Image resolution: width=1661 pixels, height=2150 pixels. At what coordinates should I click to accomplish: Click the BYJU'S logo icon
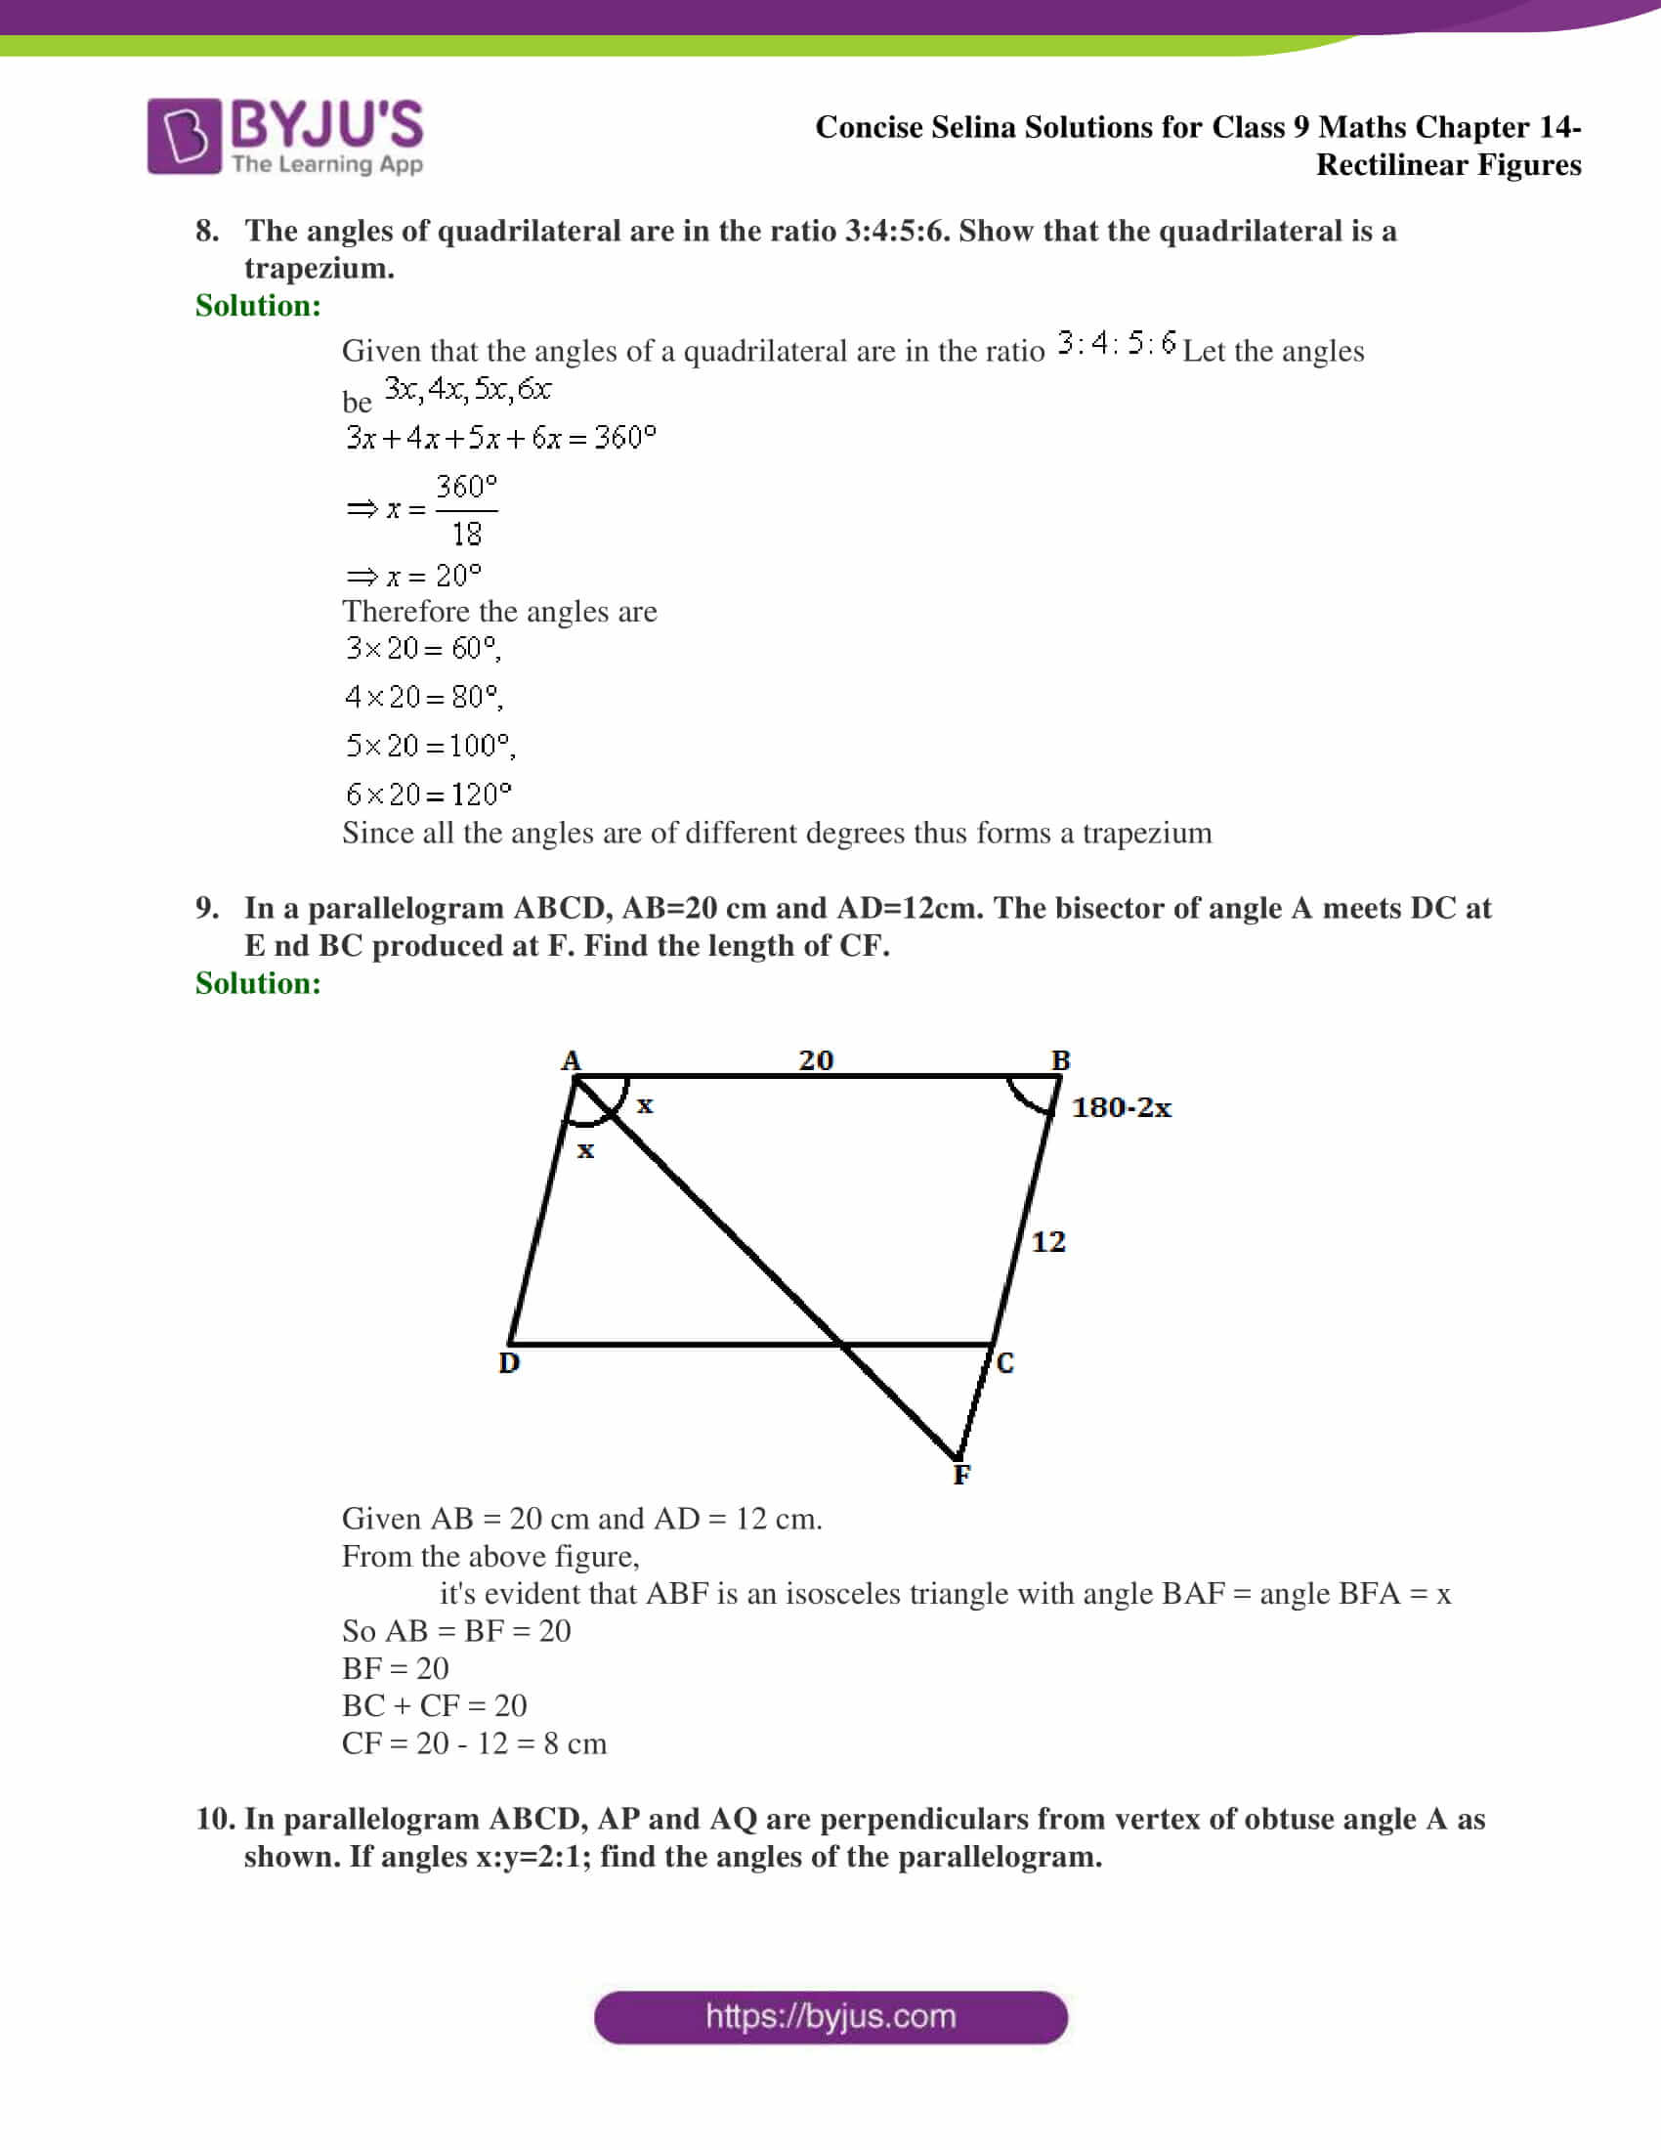[184, 136]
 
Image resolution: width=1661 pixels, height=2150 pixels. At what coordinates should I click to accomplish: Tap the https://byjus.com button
[830, 2017]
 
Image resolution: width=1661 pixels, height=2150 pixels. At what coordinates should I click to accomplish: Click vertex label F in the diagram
[961, 1474]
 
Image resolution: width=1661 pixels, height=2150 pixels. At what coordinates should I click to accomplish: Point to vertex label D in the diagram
[509, 1362]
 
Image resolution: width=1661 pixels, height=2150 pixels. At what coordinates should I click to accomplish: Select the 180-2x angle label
[1121, 1107]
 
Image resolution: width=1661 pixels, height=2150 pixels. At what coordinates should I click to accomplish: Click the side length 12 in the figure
[1048, 1241]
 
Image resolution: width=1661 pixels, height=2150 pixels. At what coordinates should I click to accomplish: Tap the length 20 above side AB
[816, 1059]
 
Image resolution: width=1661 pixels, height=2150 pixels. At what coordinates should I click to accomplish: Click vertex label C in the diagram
[1004, 1362]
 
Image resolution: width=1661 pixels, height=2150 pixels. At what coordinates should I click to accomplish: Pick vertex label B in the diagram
[1060, 1059]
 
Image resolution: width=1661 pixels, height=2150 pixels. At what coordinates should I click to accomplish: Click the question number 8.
[206, 231]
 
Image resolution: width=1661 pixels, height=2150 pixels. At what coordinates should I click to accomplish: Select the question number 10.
[215, 1819]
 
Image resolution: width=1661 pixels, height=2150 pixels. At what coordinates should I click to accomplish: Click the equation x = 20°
[414, 575]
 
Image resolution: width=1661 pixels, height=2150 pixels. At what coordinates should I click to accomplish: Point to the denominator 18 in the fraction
[466, 535]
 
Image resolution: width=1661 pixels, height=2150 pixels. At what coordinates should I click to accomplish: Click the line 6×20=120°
[428, 794]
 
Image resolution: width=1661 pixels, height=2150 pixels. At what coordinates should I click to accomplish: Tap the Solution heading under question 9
[258, 982]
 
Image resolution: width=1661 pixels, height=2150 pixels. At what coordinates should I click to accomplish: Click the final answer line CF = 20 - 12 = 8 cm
[473, 1743]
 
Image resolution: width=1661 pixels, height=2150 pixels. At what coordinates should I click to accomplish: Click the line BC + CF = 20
[434, 1705]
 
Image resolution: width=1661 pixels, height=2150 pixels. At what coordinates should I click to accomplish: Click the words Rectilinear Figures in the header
[1448, 164]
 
